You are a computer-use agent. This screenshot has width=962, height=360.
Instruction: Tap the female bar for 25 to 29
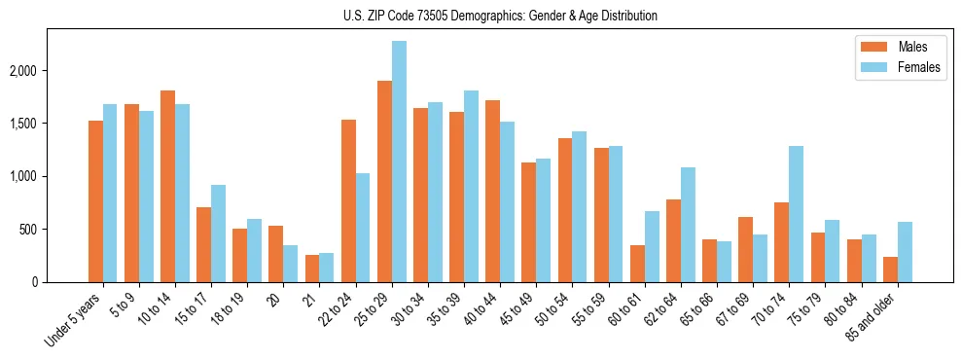(399, 162)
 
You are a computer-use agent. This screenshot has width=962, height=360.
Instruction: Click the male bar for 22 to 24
(348, 201)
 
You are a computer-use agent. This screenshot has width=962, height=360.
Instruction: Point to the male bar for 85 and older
(890, 270)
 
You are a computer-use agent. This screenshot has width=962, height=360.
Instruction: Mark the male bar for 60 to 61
(637, 264)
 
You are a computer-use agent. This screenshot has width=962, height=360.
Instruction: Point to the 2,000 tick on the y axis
(36, 71)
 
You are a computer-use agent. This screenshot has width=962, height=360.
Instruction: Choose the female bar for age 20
(290, 264)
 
